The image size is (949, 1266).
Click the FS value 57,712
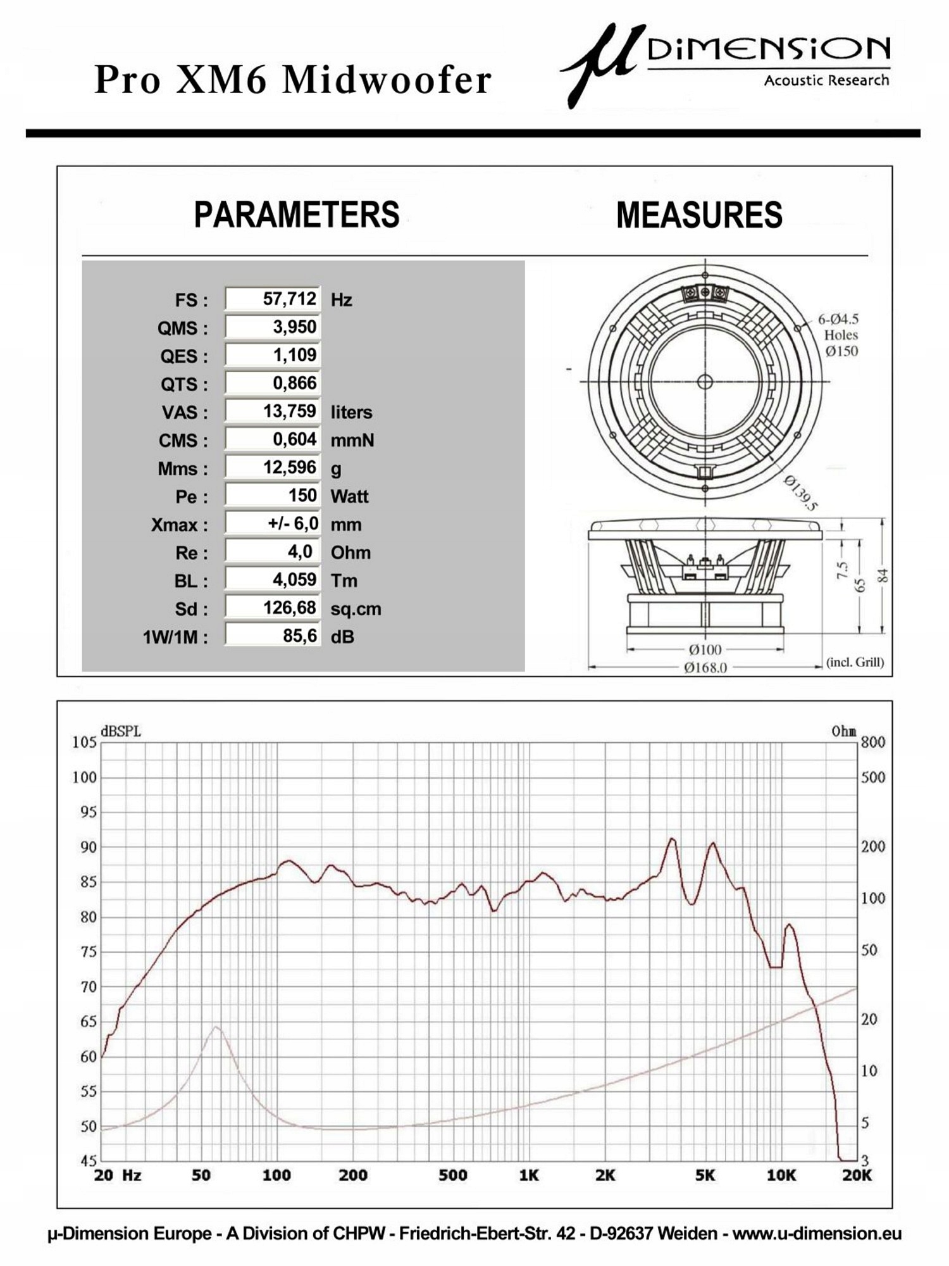tap(289, 299)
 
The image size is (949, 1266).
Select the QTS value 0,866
tap(294, 383)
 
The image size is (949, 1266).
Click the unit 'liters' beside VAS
tap(351, 412)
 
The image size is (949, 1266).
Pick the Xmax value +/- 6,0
tap(293, 523)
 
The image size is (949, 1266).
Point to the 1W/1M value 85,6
tap(300, 636)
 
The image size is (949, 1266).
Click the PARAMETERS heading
tap(297, 215)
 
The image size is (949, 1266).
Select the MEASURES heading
tap(699, 215)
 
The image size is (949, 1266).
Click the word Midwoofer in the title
tap(387, 80)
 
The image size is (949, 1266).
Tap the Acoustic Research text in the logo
tap(826, 80)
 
